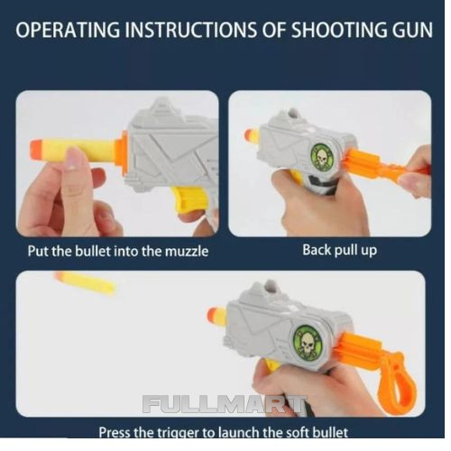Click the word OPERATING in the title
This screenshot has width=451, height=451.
[x=68, y=30]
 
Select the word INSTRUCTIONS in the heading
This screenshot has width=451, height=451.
[x=190, y=30]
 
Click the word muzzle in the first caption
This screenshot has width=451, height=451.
[x=187, y=252]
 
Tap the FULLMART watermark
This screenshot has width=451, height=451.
[x=225, y=404]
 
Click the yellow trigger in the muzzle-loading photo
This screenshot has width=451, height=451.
[x=190, y=200]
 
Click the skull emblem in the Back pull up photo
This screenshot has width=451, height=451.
[x=322, y=156]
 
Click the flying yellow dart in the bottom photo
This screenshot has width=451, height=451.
[x=85, y=282]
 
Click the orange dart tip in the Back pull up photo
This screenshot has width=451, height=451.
[x=252, y=136]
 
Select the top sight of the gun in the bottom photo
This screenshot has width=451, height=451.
[x=269, y=287]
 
